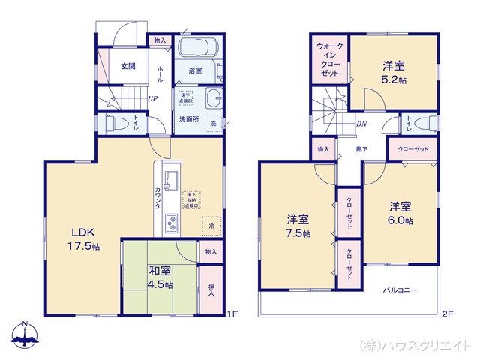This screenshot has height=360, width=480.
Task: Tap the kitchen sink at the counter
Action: point(169,179)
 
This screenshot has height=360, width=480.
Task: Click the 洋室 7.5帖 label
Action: point(298,226)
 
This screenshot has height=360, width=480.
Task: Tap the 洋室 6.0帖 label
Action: point(400,213)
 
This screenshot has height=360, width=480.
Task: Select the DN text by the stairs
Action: point(361,124)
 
